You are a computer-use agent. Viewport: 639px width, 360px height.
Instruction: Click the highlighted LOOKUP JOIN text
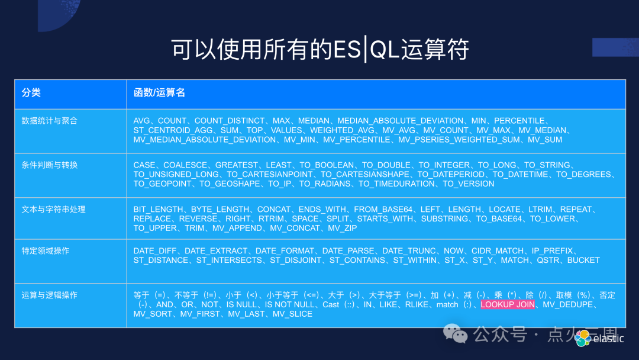tap(508, 304)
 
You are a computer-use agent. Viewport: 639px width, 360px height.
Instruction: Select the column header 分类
tap(31, 93)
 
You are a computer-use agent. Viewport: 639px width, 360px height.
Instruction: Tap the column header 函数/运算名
tap(159, 93)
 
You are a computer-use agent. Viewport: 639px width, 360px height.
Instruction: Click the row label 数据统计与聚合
tap(49, 121)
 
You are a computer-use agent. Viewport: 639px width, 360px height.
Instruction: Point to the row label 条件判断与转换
tap(49, 165)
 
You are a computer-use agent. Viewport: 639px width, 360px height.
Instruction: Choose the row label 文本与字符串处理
tap(53, 210)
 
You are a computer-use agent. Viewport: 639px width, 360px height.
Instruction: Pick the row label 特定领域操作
tap(45, 251)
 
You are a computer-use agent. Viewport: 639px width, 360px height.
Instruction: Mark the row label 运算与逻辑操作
tap(49, 295)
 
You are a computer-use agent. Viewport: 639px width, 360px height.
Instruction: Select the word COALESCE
tap(185, 165)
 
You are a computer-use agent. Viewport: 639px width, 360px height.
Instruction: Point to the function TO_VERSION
tap(469, 184)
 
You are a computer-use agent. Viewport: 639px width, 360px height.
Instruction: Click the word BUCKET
tap(583, 260)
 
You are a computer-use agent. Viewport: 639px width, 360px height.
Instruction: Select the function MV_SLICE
tap(292, 314)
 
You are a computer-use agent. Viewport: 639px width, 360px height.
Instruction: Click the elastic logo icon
tap(583, 338)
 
